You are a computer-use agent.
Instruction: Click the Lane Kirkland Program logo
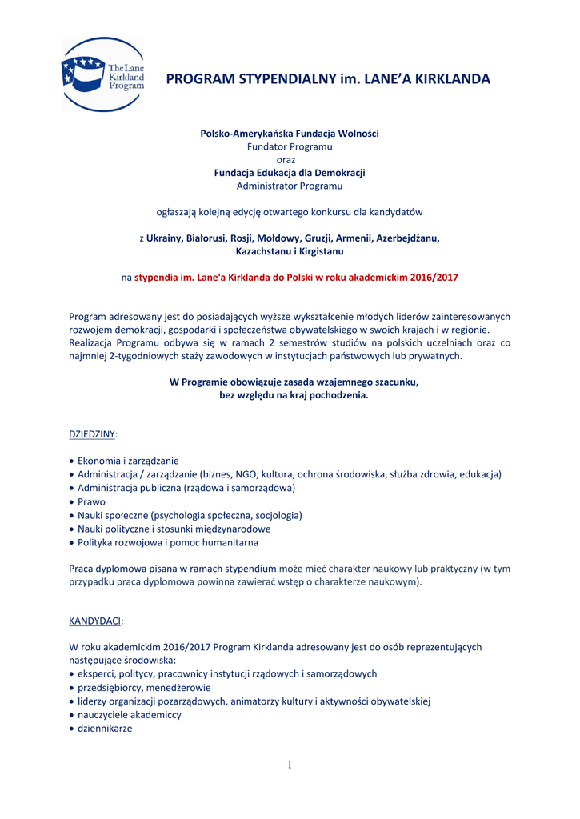[x=102, y=74]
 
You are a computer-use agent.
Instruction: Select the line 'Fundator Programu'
[x=290, y=146]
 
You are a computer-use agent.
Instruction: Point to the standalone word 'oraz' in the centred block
[x=290, y=159]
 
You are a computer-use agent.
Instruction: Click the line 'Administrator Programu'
[x=290, y=186]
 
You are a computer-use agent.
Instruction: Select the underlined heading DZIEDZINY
[x=93, y=433]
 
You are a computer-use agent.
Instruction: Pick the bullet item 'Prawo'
[x=91, y=501]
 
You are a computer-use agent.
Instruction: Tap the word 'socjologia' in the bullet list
[x=277, y=515]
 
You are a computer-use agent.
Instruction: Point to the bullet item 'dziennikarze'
[x=105, y=729]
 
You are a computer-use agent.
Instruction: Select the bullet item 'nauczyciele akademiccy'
[x=129, y=715]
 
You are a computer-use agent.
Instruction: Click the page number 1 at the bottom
[x=290, y=765]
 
